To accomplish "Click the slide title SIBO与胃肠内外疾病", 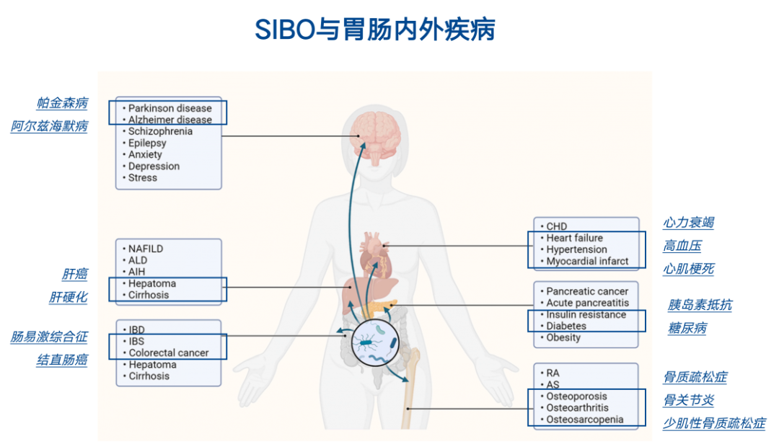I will (x=374, y=30).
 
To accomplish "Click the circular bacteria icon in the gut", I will (x=375, y=345).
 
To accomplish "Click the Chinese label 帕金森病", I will (x=63, y=102).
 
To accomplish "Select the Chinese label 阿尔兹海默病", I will (x=49, y=126).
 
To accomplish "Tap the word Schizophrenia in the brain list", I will (x=160, y=131).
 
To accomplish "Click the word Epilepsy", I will (x=147, y=143).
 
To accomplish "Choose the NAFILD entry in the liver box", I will (x=146, y=249).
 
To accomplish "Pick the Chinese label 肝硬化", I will (x=69, y=297).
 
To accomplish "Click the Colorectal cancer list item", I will (x=168, y=353).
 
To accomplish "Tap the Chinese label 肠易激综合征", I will (x=49, y=337).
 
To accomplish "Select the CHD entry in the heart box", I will (x=557, y=226).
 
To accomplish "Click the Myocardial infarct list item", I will (x=587, y=261).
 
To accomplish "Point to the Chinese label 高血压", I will (x=682, y=246).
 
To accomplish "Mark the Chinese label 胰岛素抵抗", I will (x=700, y=305).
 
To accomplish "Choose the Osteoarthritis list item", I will (x=577, y=408).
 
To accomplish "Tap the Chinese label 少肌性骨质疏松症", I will (x=714, y=423).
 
